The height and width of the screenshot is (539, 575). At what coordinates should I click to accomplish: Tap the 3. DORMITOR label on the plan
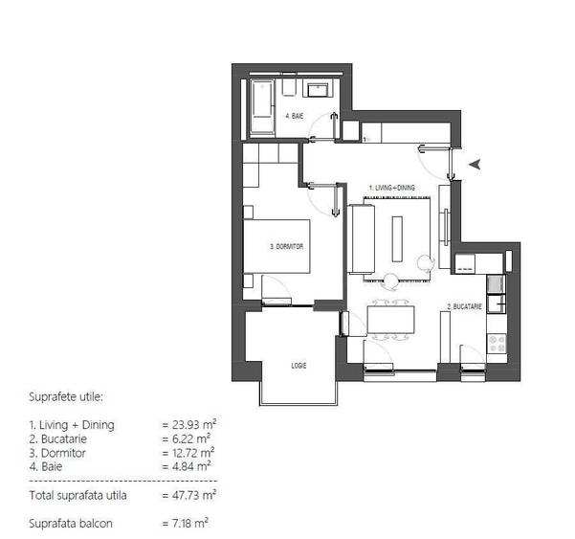pyautogui.click(x=287, y=246)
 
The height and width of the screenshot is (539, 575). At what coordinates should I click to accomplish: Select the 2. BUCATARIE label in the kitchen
pyautogui.click(x=462, y=307)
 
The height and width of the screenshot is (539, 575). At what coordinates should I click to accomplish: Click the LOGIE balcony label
pyautogui.click(x=299, y=365)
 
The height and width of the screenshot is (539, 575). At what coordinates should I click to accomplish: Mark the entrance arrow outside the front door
pyautogui.click(x=475, y=166)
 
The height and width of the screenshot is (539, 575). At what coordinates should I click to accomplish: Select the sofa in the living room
pyautogui.click(x=363, y=237)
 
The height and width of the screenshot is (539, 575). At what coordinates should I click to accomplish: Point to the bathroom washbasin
pyautogui.click(x=320, y=89)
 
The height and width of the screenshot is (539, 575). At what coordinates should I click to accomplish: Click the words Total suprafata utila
pyautogui.click(x=77, y=495)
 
